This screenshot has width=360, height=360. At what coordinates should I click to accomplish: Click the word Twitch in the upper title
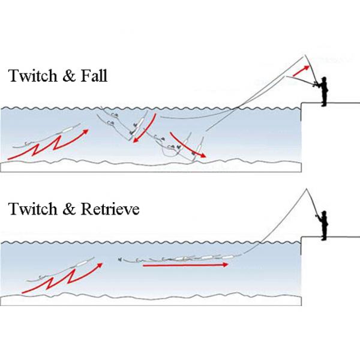tap(32, 76)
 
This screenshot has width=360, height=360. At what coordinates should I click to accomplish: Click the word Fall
tap(94, 76)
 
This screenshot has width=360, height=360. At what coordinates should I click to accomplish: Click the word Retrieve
tap(110, 209)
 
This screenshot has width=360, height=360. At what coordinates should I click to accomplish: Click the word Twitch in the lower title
tap(32, 209)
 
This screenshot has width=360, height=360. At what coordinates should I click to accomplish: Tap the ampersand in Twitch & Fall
tap(69, 76)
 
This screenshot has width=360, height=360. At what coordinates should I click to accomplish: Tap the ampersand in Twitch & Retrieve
tap(69, 209)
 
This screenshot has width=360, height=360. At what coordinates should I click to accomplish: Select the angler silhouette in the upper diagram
tap(323, 91)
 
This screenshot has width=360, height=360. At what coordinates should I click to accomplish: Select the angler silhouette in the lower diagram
tap(323, 226)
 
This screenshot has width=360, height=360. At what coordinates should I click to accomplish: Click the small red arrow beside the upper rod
tap(301, 71)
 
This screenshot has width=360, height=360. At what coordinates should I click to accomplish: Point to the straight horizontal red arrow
tap(185, 265)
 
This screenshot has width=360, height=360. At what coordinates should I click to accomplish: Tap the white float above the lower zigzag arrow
tap(80, 263)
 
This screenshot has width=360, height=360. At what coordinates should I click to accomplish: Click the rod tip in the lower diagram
tap(306, 189)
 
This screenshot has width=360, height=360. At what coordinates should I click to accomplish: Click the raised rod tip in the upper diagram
tap(305, 55)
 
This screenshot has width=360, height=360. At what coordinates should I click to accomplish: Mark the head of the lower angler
tap(324, 213)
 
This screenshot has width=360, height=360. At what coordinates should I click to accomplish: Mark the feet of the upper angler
tap(323, 105)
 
